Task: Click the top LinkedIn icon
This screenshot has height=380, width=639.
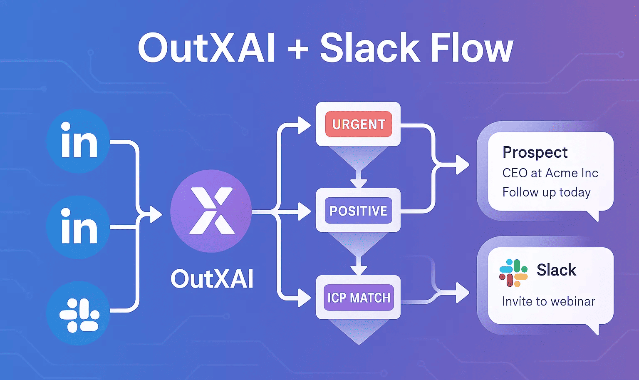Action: click(78, 141)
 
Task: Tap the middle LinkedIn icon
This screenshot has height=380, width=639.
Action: click(78, 227)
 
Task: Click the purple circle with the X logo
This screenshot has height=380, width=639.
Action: click(211, 211)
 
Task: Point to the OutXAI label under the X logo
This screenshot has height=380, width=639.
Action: click(212, 279)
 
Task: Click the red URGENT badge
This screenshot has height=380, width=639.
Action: click(358, 124)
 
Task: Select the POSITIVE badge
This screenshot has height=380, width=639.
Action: click(358, 211)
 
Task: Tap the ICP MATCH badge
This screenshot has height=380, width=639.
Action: click(359, 298)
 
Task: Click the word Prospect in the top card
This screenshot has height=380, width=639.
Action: click(535, 153)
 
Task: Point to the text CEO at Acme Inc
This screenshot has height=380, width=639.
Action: click(550, 173)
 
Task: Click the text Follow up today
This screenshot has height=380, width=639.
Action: click(546, 192)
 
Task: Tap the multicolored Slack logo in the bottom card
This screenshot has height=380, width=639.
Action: click(513, 273)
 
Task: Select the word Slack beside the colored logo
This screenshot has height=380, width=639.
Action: click(556, 270)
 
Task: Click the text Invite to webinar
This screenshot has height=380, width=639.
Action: click(548, 301)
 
